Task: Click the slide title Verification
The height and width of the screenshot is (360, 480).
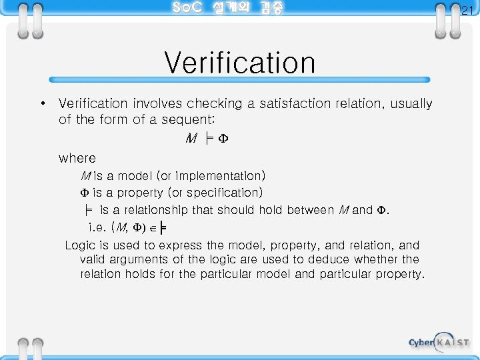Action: pyautogui.click(x=239, y=63)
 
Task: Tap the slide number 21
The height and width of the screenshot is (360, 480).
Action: pyautogui.click(x=467, y=9)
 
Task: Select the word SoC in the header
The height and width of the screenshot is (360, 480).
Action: pyautogui.click(x=187, y=8)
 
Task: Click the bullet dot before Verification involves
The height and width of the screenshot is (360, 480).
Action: pyautogui.click(x=42, y=103)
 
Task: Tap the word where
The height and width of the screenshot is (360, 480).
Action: pyautogui.click(x=77, y=159)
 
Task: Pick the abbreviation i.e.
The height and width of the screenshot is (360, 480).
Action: pyautogui.click(x=97, y=228)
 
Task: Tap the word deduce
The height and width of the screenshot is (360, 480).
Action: pyautogui.click(x=325, y=259)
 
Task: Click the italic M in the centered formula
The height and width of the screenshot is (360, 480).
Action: pyautogui.click(x=191, y=139)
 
